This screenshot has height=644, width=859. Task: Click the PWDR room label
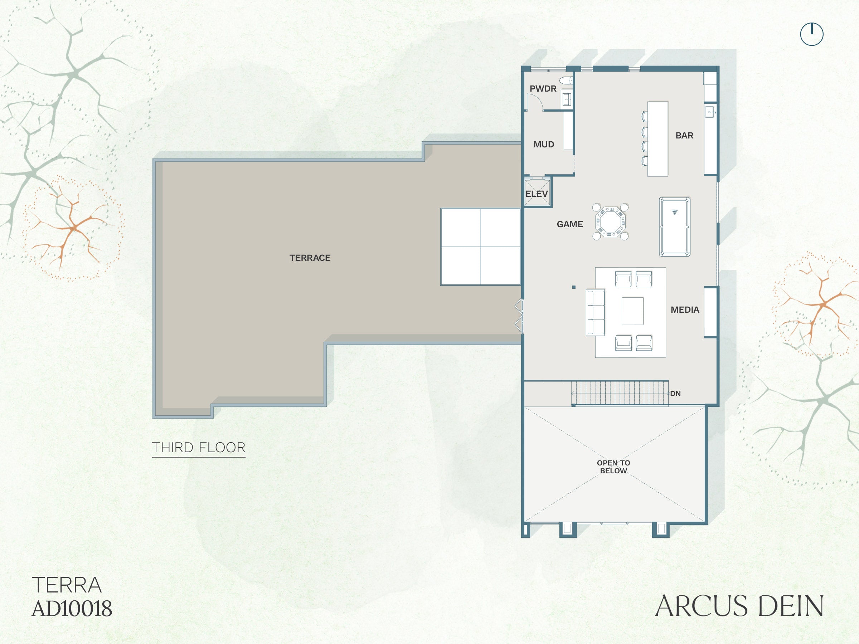click(543, 88)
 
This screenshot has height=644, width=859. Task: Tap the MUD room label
click(544, 145)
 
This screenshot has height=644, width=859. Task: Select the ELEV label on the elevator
click(537, 194)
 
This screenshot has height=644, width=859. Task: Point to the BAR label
click(684, 136)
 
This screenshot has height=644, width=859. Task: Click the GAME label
click(570, 224)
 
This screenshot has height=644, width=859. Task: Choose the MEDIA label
click(685, 310)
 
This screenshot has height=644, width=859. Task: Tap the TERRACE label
click(310, 258)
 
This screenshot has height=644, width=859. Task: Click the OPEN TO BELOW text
click(613, 467)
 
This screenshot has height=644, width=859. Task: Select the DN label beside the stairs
click(675, 394)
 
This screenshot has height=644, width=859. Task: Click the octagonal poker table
click(611, 222)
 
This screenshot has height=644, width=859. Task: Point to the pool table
click(675, 227)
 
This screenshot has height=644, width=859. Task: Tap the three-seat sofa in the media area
click(595, 312)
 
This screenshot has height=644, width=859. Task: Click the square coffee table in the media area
click(632, 311)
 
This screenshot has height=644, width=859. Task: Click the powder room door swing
click(534, 102)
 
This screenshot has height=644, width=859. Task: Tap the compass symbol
click(812, 34)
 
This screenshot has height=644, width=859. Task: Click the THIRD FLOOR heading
click(198, 448)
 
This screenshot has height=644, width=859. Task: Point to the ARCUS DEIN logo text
click(739, 606)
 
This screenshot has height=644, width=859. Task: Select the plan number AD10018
click(72, 609)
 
